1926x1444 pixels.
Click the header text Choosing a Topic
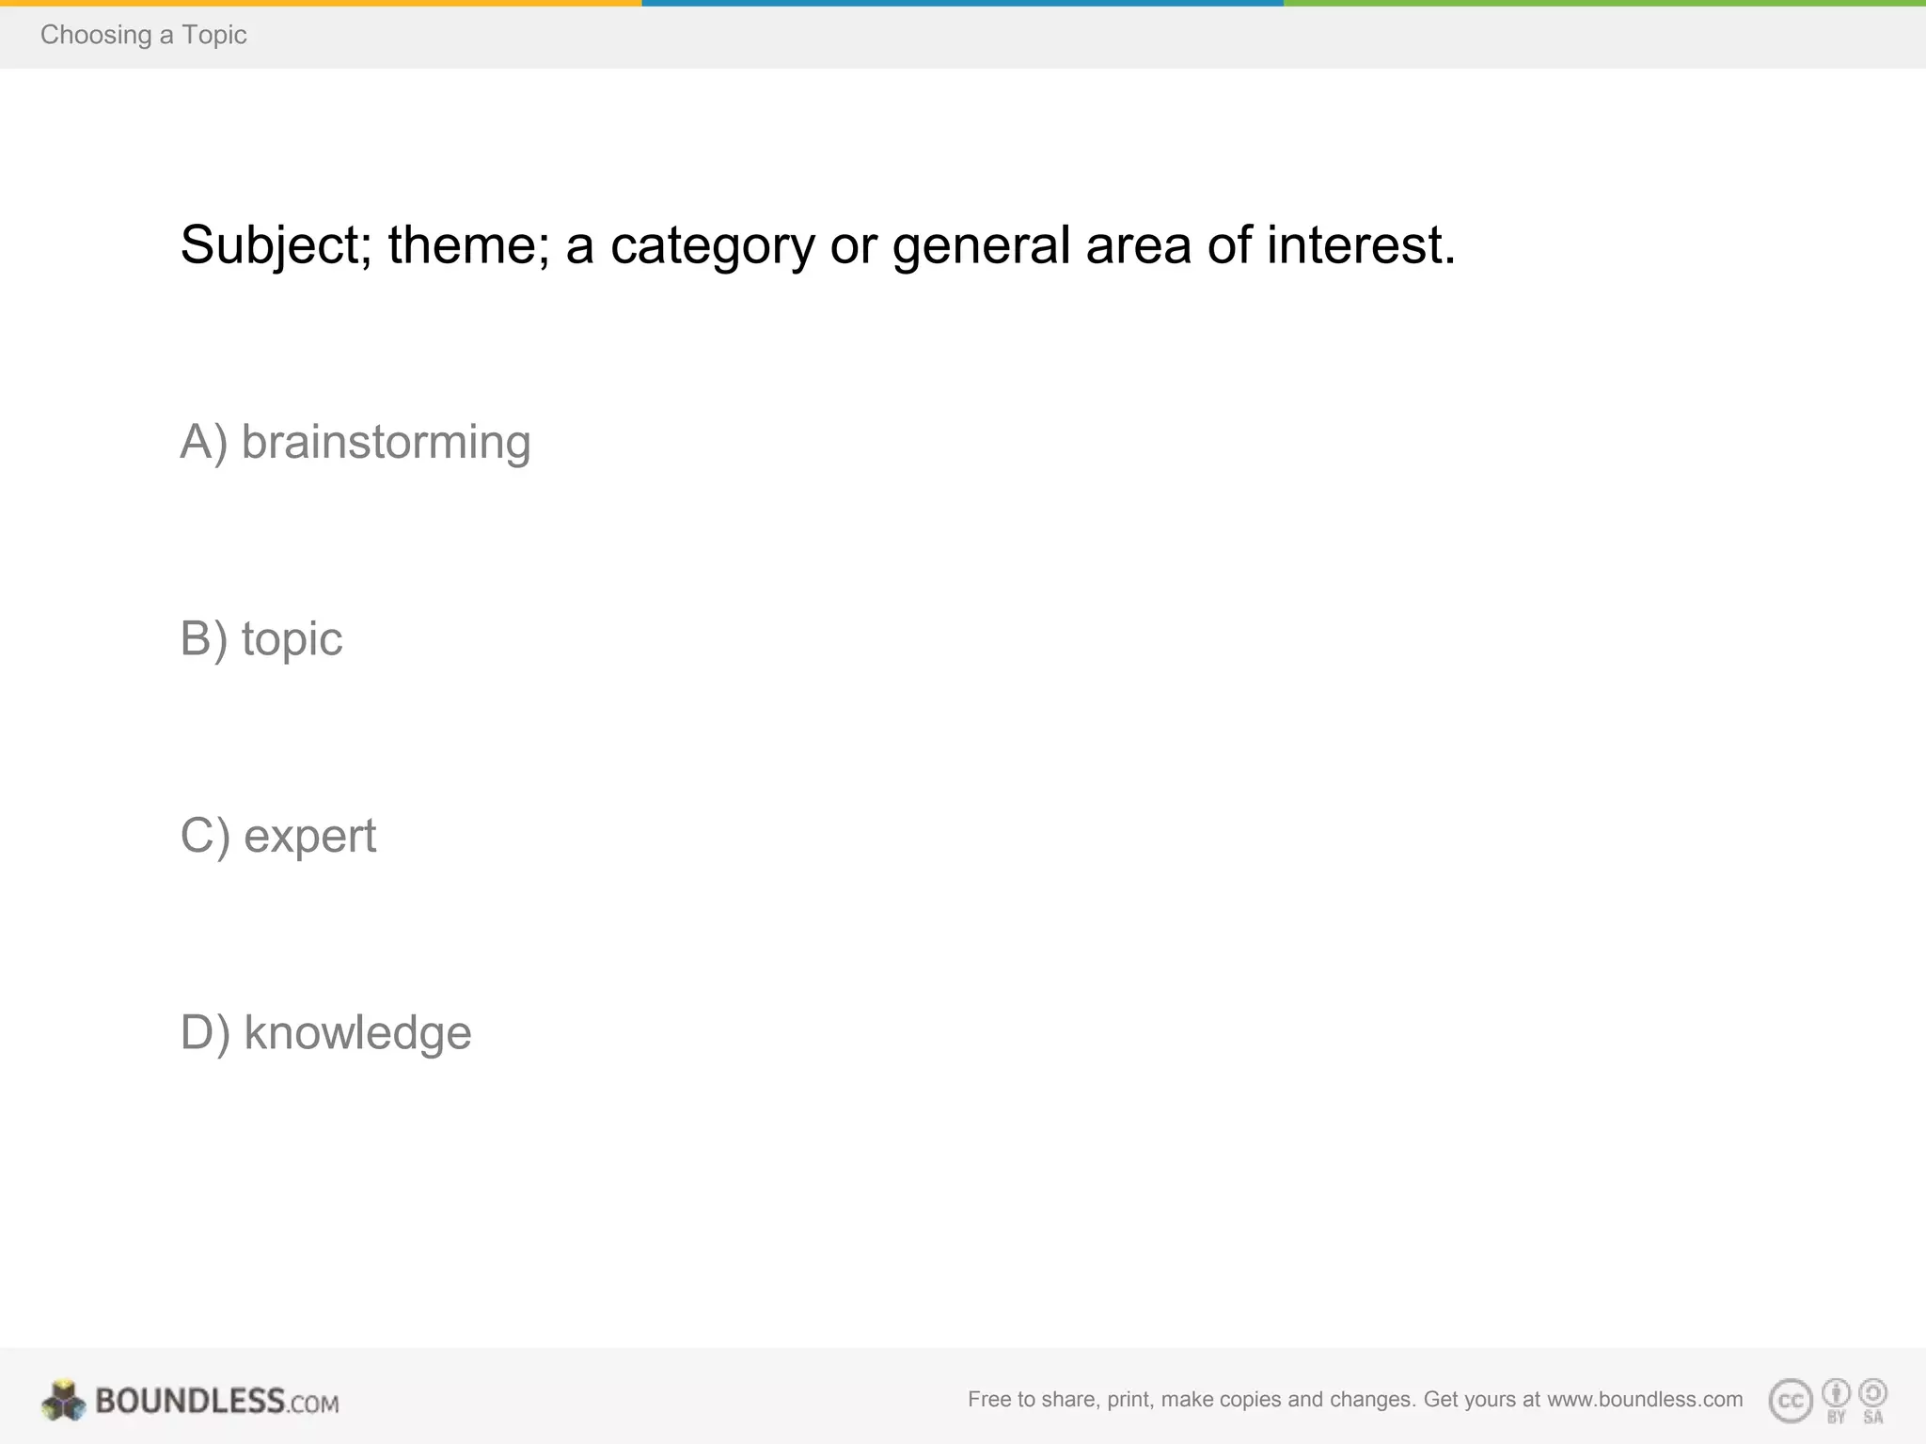pyautogui.click(x=143, y=35)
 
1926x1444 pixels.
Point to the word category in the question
pyautogui.click(x=712, y=246)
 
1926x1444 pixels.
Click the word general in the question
pyautogui.click(x=981, y=246)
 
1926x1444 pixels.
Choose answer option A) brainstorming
pyautogui.click(x=355, y=442)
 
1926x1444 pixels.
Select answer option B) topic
pyautogui.click(x=261, y=639)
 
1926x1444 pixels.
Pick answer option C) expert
pyautogui.click(x=278, y=836)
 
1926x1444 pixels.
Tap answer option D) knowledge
pyautogui.click(x=325, y=1032)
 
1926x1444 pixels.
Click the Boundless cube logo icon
pyautogui.click(x=64, y=1401)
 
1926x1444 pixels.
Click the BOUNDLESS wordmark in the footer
pyautogui.click(x=189, y=1401)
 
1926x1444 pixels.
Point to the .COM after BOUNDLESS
pyautogui.click(x=313, y=1404)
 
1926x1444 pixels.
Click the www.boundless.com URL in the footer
pyautogui.click(x=1645, y=1399)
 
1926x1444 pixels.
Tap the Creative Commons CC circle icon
pyautogui.click(x=1791, y=1401)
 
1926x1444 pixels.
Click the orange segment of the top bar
pyautogui.click(x=321, y=3)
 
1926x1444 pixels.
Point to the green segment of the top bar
pyautogui.click(x=1604, y=3)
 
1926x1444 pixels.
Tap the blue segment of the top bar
pyautogui.click(x=962, y=3)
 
